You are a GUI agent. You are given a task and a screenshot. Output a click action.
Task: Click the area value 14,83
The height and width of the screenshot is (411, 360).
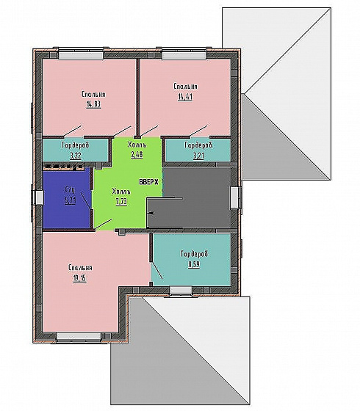click(x=93, y=104)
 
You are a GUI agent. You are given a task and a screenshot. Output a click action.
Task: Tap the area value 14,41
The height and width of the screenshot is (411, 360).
click(x=185, y=97)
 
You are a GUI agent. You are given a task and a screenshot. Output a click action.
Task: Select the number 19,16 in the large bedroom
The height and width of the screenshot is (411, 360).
click(x=80, y=278)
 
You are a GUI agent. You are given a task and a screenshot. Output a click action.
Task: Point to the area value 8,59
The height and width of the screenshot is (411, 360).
click(x=194, y=264)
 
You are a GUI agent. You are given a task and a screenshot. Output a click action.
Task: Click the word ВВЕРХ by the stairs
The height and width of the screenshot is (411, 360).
click(x=148, y=182)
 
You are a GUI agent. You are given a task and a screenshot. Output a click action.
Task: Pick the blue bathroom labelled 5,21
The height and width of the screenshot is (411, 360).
click(x=67, y=199)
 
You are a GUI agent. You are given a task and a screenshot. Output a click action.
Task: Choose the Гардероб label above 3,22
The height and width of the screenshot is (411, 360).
click(x=75, y=145)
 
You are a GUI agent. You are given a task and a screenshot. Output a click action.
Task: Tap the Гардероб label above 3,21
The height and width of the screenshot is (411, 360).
click(x=198, y=145)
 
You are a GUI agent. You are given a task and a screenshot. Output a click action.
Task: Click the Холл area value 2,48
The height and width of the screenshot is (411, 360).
click(x=137, y=155)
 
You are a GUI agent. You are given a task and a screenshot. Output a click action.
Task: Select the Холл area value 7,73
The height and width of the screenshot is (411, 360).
click(x=121, y=201)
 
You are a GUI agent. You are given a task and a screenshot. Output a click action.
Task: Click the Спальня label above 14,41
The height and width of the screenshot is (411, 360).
click(x=185, y=87)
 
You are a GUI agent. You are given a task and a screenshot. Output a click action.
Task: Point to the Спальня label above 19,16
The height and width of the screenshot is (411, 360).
click(x=80, y=268)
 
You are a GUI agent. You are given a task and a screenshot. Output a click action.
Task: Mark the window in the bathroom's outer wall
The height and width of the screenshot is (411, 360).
click(x=39, y=197)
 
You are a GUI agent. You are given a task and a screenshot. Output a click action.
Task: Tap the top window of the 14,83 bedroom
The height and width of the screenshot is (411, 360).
click(x=81, y=55)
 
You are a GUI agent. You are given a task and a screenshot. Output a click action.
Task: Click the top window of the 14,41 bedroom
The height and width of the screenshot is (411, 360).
click(x=184, y=55)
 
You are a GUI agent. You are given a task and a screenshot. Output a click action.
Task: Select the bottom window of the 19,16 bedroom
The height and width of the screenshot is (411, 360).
click(x=79, y=336)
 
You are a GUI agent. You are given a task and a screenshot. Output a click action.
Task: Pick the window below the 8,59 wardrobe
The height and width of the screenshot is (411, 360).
click(x=181, y=290)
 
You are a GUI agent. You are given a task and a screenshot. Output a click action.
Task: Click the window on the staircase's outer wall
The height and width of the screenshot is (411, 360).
click(x=235, y=197)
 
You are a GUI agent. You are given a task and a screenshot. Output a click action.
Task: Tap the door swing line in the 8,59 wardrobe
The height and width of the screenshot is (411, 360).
click(x=157, y=270)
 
